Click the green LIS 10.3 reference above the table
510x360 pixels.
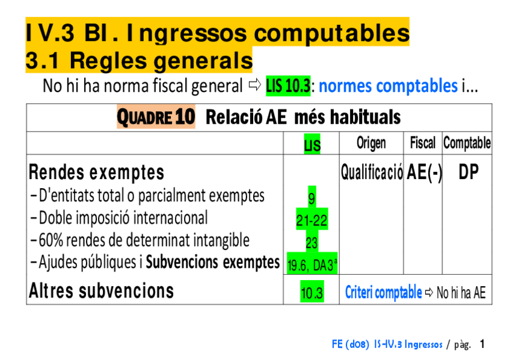pyautogui.click(x=288, y=86)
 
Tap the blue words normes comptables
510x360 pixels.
pyautogui.click(x=388, y=86)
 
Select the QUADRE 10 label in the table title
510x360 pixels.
pyautogui.click(x=156, y=117)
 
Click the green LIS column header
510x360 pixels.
pyautogui.click(x=312, y=144)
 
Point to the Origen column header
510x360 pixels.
pyautogui.click(x=371, y=143)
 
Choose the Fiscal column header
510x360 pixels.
pyautogui.click(x=423, y=143)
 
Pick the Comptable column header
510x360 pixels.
pyautogui.click(x=467, y=143)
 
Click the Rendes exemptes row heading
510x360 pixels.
pyautogui.click(x=96, y=172)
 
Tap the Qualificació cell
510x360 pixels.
pyautogui.click(x=372, y=172)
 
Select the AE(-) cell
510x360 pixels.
pyautogui.click(x=425, y=172)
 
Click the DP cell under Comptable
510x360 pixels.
pyautogui.click(x=469, y=172)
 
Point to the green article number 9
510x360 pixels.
pyautogui.click(x=312, y=197)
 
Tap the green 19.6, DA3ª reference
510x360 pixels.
pyautogui.click(x=312, y=263)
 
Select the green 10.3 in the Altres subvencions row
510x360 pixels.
pyautogui.click(x=312, y=291)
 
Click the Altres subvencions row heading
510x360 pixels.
pyautogui.click(x=101, y=290)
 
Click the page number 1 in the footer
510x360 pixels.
pyautogui.click(x=482, y=344)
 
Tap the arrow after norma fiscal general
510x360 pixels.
pyautogui.click(x=254, y=85)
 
